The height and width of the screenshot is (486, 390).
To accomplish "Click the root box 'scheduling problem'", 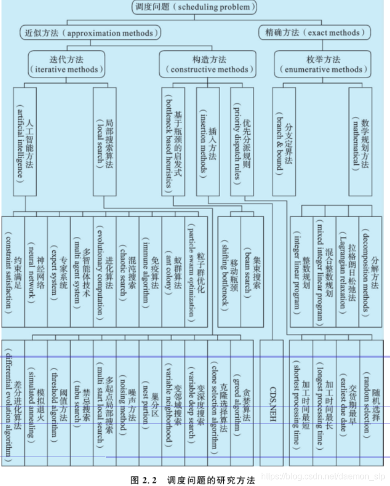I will coord(194,7).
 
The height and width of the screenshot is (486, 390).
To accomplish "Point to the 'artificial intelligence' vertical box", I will coord(25,141).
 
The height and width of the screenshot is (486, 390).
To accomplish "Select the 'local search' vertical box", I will coord(104,141).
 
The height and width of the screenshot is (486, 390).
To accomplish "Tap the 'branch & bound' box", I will coord(283,141).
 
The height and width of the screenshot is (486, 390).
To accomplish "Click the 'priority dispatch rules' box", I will coord(242,141).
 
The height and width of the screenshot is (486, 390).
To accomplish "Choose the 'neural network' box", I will coord(36,271).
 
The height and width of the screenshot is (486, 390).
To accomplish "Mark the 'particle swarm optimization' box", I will coord(196,271).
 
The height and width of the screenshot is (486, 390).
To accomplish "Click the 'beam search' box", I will coord(252,271).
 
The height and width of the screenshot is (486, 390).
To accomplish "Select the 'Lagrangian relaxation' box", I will coord(347,271).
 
